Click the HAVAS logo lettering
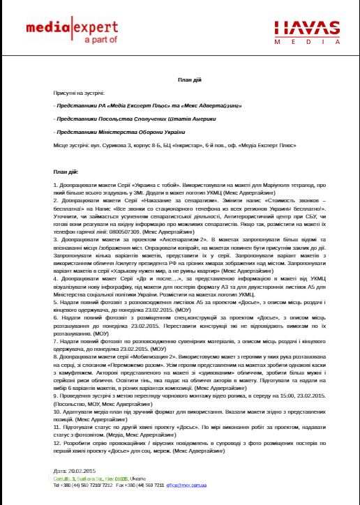tap(304, 27)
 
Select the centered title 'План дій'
tap(179, 81)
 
